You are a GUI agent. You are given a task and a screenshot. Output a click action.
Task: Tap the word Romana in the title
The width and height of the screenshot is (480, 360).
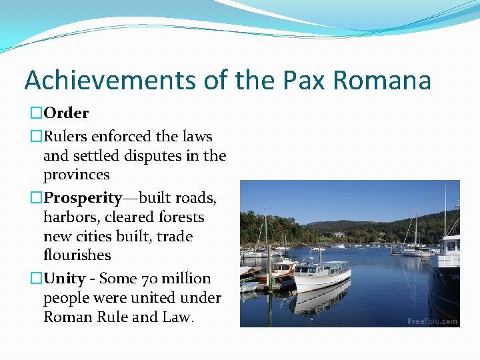(381, 81)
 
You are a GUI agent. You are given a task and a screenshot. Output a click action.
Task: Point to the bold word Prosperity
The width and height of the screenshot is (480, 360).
(83, 198)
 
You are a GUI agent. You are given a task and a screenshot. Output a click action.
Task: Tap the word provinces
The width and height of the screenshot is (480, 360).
(76, 175)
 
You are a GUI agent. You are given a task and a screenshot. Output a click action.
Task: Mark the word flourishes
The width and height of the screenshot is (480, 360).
(77, 255)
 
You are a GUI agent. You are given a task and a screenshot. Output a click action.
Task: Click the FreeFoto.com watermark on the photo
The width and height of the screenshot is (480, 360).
(433, 321)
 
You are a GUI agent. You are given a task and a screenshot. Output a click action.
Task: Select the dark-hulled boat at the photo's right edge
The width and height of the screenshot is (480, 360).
(445, 273)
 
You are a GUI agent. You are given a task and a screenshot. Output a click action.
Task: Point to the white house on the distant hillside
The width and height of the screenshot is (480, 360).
(339, 234)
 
